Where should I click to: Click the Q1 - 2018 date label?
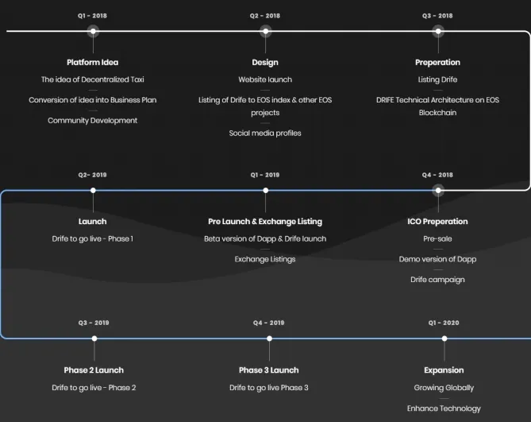pyautogui.click(x=92, y=16)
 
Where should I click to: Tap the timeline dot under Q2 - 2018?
pyautogui.click(x=265, y=32)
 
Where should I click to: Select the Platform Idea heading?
pyautogui.click(x=92, y=62)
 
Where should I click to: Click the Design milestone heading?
pyautogui.click(x=265, y=62)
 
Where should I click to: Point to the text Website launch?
pyautogui.click(x=265, y=79)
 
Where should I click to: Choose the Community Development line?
pyautogui.click(x=92, y=120)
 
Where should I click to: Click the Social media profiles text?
pyautogui.click(x=265, y=133)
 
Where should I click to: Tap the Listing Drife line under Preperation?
pyautogui.click(x=437, y=79)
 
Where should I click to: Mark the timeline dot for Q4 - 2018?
pyautogui.click(x=438, y=191)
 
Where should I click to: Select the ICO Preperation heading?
pyautogui.click(x=437, y=222)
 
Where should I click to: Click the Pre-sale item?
pyautogui.click(x=437, y=238)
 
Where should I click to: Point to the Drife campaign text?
pyautogui.click(x=437, y=280)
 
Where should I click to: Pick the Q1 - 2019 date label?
pyautogui.click(x=265, y=175)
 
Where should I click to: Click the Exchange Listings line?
pyautogui.click(x=265, y=259)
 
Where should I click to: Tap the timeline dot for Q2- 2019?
pyautogui.click(x=93, y=191)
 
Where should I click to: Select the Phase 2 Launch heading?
pyautogui.click(x=94, y=370)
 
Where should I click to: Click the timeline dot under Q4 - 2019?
pyautogui.click(x=269, y=339)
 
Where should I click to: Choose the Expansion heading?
pyautogui.click(x=444, y=370)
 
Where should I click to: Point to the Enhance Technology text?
pyautogui.click(x=444, y=408)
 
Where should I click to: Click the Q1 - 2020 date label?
pyautogui.click(x=444, y=323)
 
